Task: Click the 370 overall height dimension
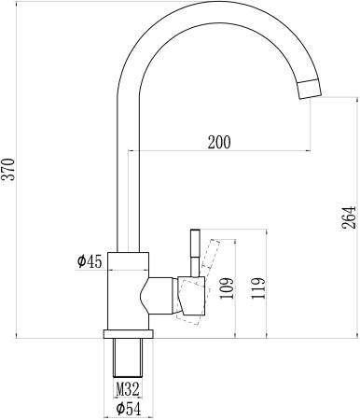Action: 9,168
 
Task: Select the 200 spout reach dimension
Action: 218,142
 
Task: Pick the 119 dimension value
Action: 258,289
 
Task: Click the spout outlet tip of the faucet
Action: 309,90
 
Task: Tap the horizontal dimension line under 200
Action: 218,151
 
